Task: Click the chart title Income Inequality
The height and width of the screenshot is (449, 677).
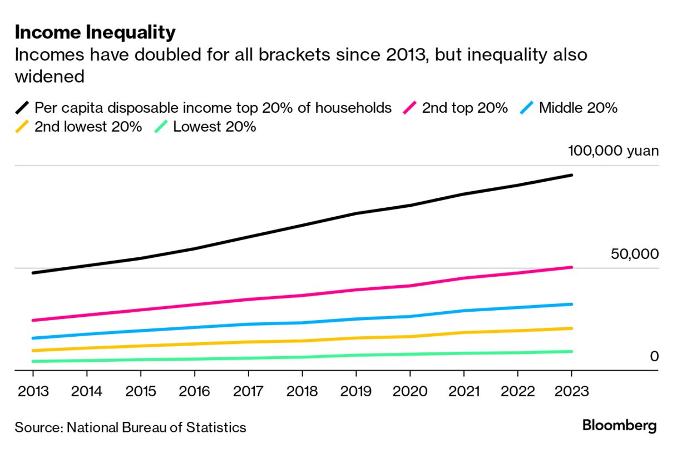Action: click(95, 33)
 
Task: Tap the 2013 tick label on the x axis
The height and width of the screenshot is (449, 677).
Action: click(33, 391)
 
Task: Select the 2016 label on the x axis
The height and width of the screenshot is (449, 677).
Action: click(195, 391)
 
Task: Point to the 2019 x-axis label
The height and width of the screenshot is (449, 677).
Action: click(356, 391)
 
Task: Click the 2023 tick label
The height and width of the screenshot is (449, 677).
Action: click(571, 391)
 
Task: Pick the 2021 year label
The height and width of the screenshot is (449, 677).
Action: click(464, 391)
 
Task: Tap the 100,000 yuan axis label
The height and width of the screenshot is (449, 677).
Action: click(613, 151)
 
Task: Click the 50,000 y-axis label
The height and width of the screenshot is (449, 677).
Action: click(634, 254)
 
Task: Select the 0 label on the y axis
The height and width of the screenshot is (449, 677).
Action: click(654, 356)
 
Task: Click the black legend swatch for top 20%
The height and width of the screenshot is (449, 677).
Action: click(23, 108)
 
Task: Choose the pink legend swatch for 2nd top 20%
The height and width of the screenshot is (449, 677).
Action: click(410, 108)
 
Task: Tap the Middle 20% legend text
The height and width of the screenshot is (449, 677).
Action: click(578, 108)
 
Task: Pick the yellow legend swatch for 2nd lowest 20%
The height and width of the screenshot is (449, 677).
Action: click(23, 127)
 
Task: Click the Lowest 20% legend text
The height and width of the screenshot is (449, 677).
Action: click(214, 127)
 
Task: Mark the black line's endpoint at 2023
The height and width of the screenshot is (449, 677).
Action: click(571, 176)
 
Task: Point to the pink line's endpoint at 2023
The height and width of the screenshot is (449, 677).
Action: click(571, 267)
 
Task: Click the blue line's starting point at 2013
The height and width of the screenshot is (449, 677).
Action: click(33, 338)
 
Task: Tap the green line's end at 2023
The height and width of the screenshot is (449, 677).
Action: click(571, 351)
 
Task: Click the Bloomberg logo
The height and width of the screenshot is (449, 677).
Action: click(619, 426)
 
